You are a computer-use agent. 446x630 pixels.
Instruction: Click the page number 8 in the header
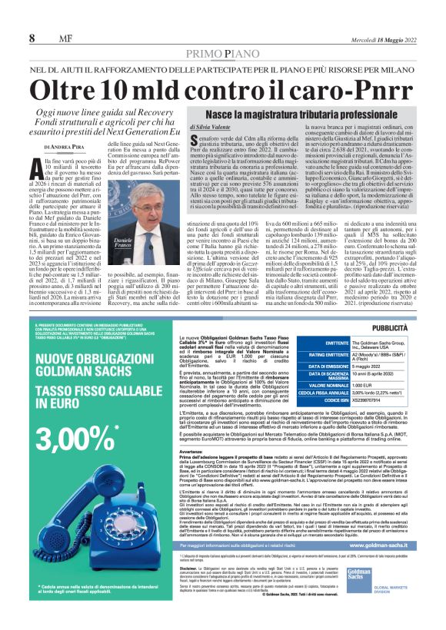click(32, 38)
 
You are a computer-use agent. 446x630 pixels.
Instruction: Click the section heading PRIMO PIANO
click(222, 53)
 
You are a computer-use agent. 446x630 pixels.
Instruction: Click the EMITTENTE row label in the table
click(327, 344)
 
